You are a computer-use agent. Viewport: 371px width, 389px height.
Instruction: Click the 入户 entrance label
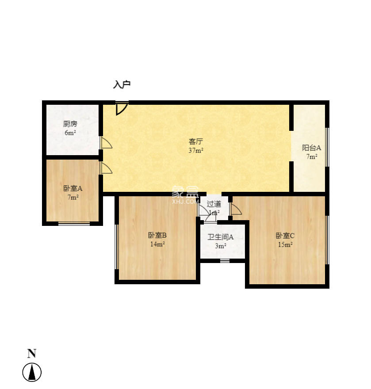coord(122,84)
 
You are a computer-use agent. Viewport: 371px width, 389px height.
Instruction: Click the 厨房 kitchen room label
coord(70,124)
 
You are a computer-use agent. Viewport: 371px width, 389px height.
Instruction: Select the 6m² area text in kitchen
coord(70,133)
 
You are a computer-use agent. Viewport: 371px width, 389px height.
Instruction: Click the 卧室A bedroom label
coord(73,188)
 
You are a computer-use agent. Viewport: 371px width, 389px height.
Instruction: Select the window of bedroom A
coord(74,223)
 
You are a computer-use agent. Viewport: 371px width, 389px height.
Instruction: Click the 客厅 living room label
coord(196,141)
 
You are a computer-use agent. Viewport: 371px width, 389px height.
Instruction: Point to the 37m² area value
coord(196,150)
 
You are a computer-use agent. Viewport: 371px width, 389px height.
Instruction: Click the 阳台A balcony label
coord(311,148)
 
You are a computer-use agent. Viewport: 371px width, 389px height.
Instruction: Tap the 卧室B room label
coord(157,235)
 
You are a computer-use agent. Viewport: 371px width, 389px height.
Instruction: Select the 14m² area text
coord(157,244)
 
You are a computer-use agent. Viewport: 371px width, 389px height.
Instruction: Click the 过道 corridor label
coord(214,204)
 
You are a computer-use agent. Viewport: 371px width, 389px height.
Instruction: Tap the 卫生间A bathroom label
coord(221,237)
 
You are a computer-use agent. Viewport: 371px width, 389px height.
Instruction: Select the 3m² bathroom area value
coord(221,246)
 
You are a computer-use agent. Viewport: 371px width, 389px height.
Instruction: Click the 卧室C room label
coord(285,236)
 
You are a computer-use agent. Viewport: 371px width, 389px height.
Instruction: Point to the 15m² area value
coord(285,244)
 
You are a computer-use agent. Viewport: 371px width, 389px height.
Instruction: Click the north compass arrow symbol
coord(32,372)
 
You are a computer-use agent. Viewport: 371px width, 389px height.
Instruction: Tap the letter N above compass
coord(32,354)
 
